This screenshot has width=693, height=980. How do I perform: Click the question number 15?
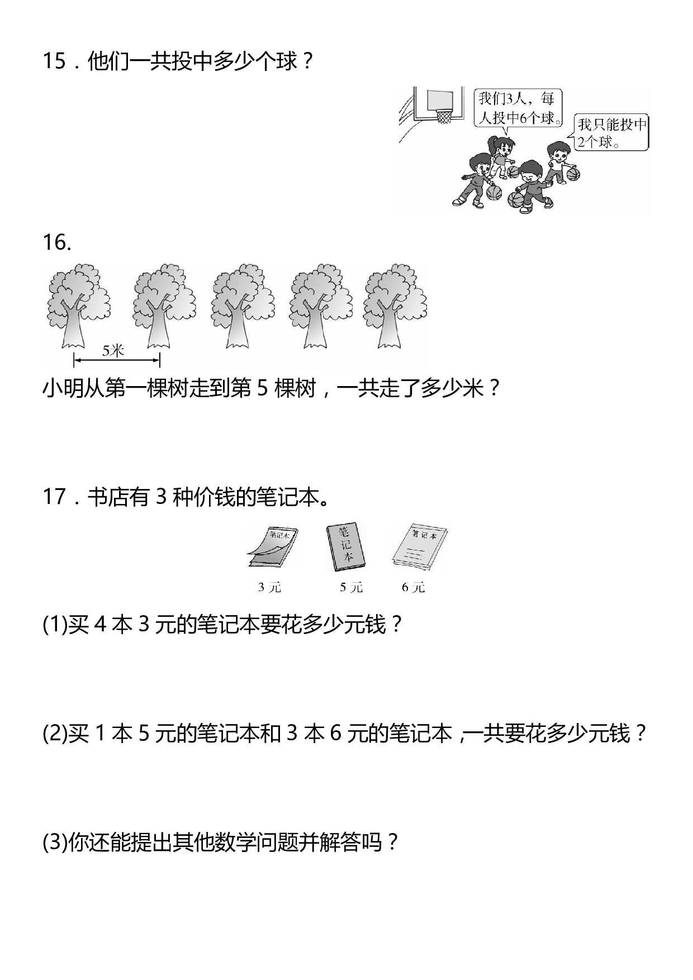click(x=54, y=61)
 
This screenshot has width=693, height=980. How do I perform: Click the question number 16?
click(x=56, y=242)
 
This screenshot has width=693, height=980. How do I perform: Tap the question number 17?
click(x=55, y=497)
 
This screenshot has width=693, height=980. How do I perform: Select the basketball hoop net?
click(x=443, y=117)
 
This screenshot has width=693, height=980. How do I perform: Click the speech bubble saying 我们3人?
click(x=517, y=108)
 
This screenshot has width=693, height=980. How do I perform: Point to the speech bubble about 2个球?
click(x=611, y=133)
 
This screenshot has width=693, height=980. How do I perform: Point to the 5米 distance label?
click(x=113, y=351)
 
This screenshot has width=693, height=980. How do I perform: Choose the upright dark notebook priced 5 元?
click(x=345, y=548)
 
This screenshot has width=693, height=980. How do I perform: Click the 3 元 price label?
click(x=269, y=587)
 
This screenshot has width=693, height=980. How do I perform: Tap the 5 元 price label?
click(x=351, y=587)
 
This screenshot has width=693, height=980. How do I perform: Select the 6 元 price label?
click(x=414, y=587)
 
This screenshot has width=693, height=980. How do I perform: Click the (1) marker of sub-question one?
click(x=54, y=625)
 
